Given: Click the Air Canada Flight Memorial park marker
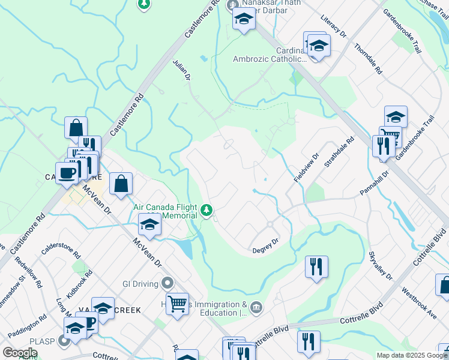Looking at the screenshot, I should [207, 211].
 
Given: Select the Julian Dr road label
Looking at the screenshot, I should [181, 70].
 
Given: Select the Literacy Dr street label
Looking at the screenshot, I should [334, 27].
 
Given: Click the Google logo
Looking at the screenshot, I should [20, 353].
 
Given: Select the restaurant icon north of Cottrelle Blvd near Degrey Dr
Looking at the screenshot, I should [316, 266].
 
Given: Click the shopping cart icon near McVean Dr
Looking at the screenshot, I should [177, 304].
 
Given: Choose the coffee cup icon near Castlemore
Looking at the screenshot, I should [67, 173].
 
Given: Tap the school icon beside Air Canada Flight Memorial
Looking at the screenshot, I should [149, 225].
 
